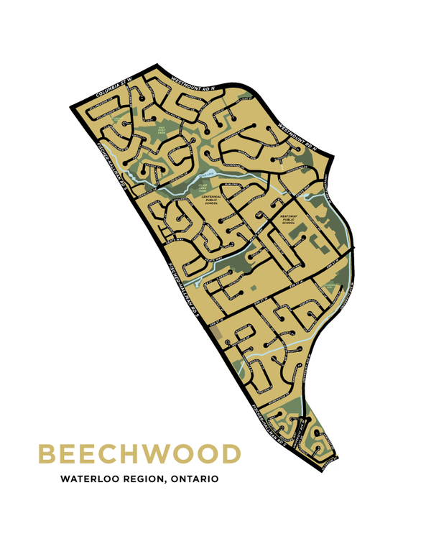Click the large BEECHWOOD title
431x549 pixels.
139,454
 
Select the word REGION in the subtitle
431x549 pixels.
142,478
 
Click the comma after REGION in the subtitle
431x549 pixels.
164,481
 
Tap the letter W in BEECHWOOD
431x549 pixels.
165,454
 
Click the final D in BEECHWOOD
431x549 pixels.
230,454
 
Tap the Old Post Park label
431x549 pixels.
162,130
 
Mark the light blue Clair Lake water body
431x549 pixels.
208,175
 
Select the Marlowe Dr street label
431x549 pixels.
231,185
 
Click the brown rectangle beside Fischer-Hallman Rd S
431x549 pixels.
215,335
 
